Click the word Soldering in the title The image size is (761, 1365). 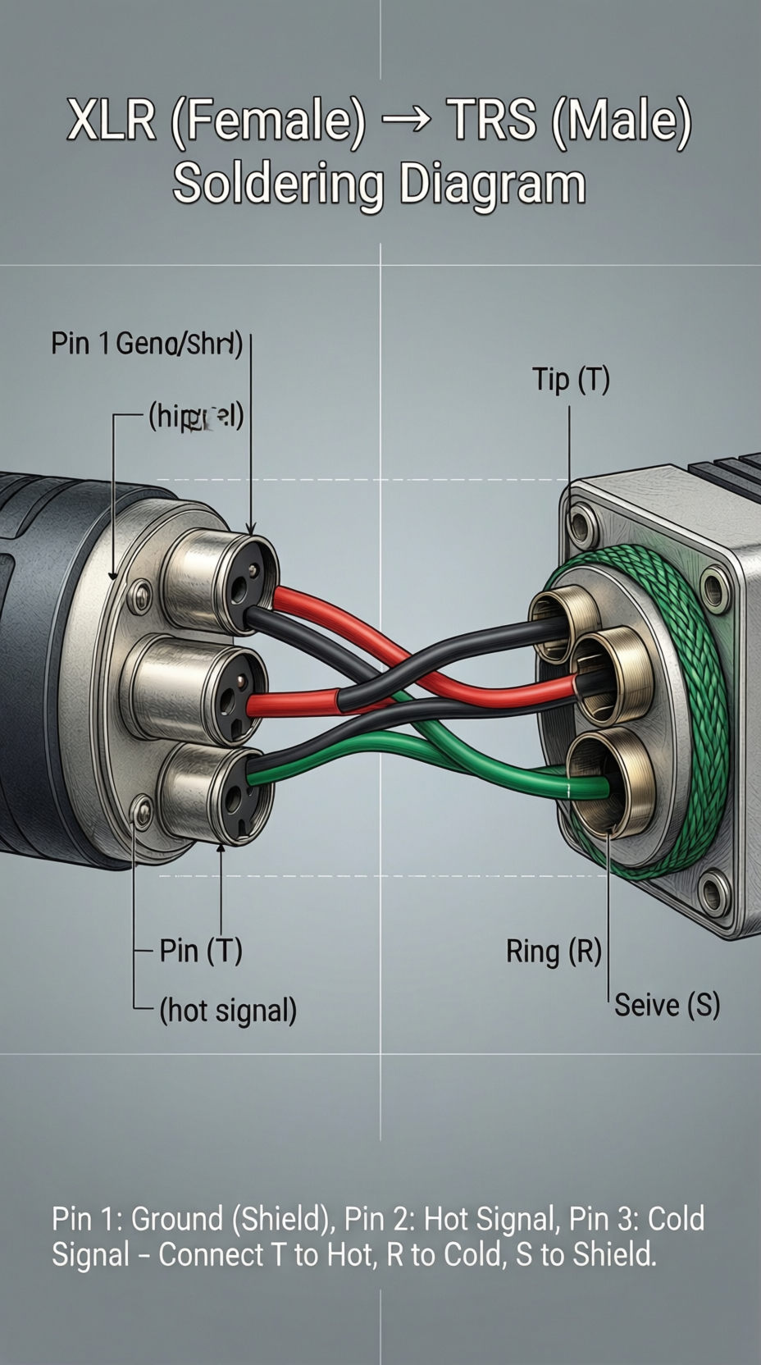point(277,185)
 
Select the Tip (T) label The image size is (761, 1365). point(571,380)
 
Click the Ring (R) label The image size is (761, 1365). point(554,952)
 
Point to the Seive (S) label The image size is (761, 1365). point(667,1005)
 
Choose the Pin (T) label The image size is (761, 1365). point(201,951)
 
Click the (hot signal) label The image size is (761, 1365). point(228,1011)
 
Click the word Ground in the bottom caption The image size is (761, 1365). point(176,1219)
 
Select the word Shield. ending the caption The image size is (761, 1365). point(614,1255)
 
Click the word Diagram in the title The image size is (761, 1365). point(492,185)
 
